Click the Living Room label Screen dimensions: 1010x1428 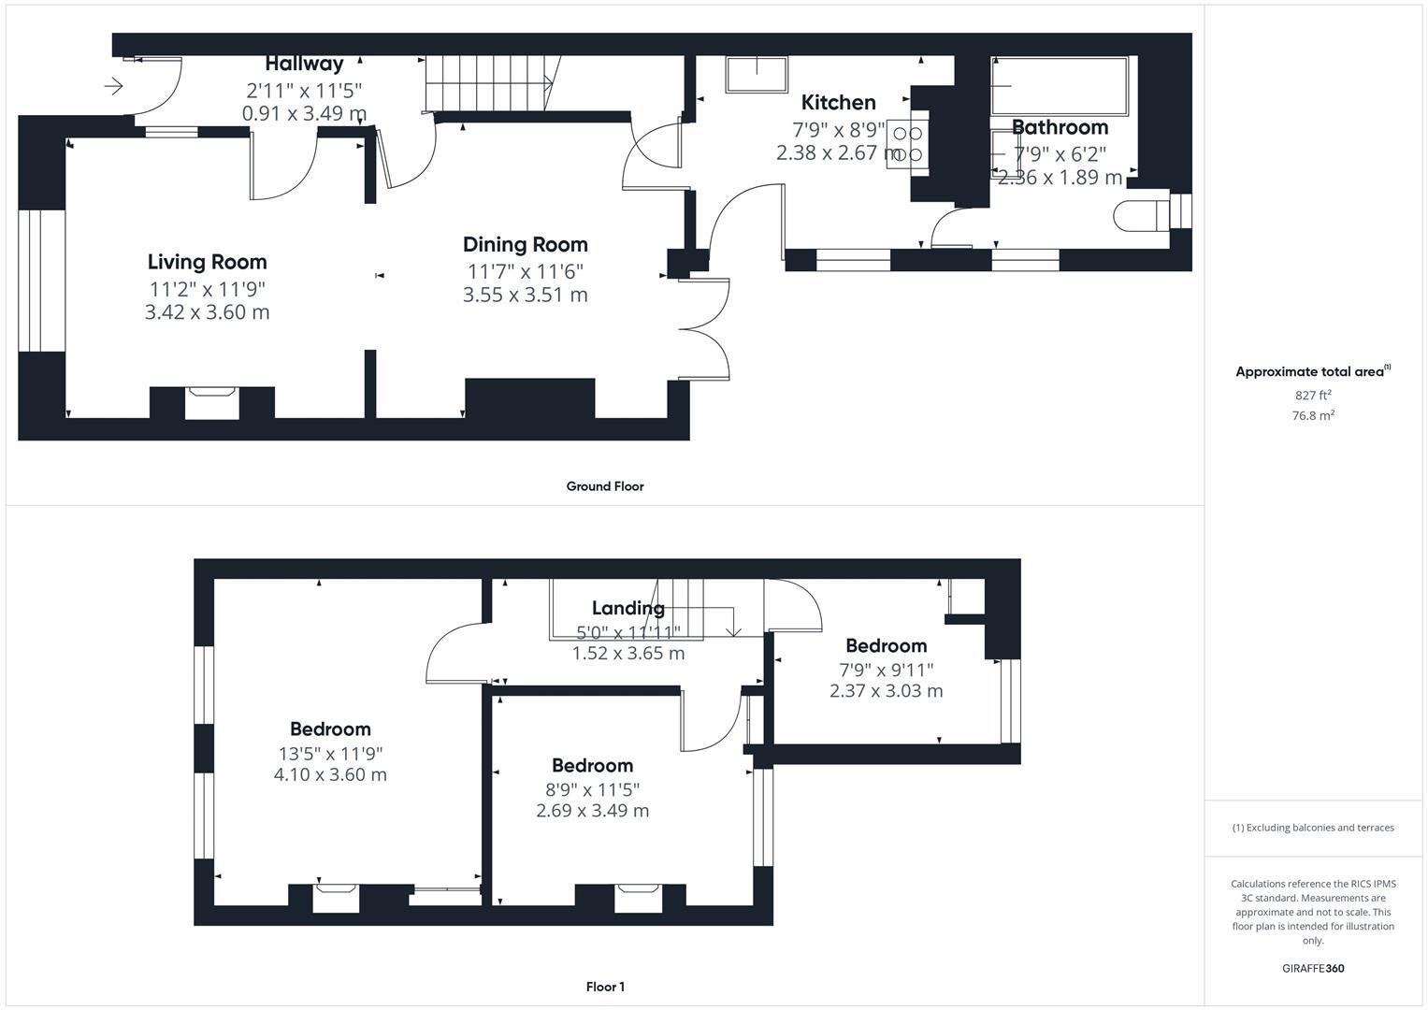pos(207,262)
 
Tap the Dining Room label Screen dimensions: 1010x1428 pos(525,245)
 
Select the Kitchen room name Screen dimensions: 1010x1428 pos(838,103)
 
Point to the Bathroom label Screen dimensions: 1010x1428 pos(1060,127)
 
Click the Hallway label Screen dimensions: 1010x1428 pos(304,64)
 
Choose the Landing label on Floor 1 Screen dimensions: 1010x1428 pos(627,609)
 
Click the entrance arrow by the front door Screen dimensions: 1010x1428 pos(114,87)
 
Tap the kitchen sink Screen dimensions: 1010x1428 pos(756,75)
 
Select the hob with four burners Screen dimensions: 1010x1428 pos(907,144)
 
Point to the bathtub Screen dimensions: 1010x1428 pos(1059,86)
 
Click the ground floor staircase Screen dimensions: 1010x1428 pos(491,82)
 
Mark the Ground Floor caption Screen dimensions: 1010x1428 pos(604,486)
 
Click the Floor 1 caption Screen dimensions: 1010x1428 pos(604,987)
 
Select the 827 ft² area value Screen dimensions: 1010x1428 pos(1313,396)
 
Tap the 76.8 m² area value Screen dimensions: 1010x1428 pos(1313,416)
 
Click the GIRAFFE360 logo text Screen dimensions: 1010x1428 pos(1313,969)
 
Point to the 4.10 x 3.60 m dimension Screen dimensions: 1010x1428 pos(329,775)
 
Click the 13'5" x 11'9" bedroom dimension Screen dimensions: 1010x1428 pos(329,754)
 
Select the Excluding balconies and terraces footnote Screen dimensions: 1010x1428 pos(1313,828)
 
